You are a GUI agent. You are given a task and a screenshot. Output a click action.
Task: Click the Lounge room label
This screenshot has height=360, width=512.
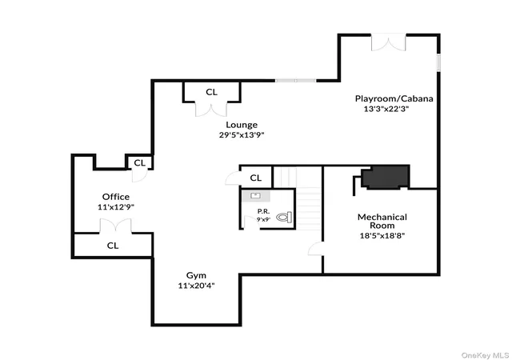coord(242,125)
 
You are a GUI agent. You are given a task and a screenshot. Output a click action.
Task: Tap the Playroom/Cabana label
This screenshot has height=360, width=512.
coord(394,98)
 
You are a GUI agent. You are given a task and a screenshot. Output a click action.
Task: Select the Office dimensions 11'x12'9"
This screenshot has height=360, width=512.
coord(116,207)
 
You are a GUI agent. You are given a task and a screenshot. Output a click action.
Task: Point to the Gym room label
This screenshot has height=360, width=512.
coord(196,276)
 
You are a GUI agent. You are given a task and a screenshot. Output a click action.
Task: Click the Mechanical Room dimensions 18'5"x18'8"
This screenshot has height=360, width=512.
coord(382,235)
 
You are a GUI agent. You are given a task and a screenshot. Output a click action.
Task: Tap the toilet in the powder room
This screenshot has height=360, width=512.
coord(284,217)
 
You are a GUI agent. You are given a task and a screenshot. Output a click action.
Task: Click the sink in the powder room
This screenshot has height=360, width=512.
coord(256,196)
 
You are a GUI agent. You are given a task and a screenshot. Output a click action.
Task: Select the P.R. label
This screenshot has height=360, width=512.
coord(263,211)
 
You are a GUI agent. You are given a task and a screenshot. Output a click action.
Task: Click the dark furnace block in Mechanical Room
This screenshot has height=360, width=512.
coord(386,177)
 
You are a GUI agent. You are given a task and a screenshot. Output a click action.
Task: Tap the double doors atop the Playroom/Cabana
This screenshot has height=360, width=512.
coord(388,42)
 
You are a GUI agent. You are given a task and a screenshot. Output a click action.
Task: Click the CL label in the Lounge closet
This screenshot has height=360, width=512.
coord(211,93)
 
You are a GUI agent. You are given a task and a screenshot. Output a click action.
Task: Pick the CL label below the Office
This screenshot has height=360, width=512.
coord(113,246)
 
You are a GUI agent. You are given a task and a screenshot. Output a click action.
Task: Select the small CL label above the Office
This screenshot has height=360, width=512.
coord(139,162)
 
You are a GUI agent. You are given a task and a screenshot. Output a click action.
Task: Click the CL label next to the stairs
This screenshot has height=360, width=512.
coord(256,178)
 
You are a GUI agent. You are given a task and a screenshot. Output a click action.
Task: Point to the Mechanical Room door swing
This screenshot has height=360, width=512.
coord(316,249)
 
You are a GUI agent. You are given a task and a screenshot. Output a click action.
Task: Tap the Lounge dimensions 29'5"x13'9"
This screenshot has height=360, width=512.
coord(242,135)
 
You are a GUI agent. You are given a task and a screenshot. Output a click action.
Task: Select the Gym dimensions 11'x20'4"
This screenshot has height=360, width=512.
coord(196,286)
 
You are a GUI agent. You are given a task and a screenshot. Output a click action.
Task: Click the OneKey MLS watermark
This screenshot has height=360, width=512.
coord(486,355)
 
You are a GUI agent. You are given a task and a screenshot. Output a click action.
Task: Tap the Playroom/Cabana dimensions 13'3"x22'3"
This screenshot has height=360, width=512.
coord(386,109)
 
